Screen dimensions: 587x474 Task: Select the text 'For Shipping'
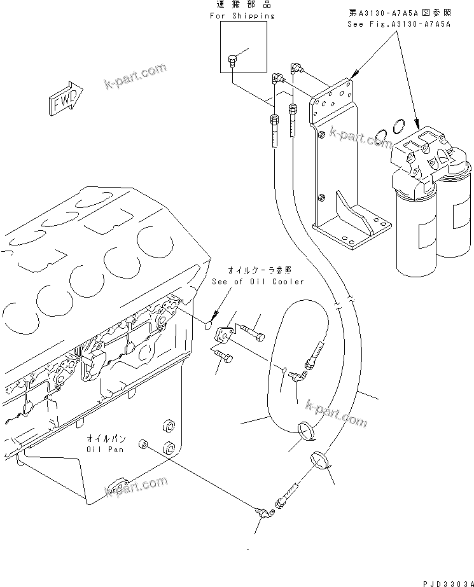tap(242, 15)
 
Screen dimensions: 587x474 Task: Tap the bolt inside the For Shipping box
tap(232, 61)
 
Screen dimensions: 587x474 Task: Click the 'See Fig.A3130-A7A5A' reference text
tap(398, 24)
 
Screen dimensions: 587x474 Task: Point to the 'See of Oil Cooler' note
tap(258, 282)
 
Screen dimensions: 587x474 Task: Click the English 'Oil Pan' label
tap(107, 449)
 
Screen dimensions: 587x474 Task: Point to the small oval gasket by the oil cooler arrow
tap(208, 327)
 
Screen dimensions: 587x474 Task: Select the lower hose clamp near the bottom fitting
tap(322, 460)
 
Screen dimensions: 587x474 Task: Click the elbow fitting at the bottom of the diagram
tap(261, 511)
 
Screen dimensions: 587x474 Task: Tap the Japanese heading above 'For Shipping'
tap(242, 5)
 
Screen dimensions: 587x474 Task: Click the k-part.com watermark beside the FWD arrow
tap(135, 78)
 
